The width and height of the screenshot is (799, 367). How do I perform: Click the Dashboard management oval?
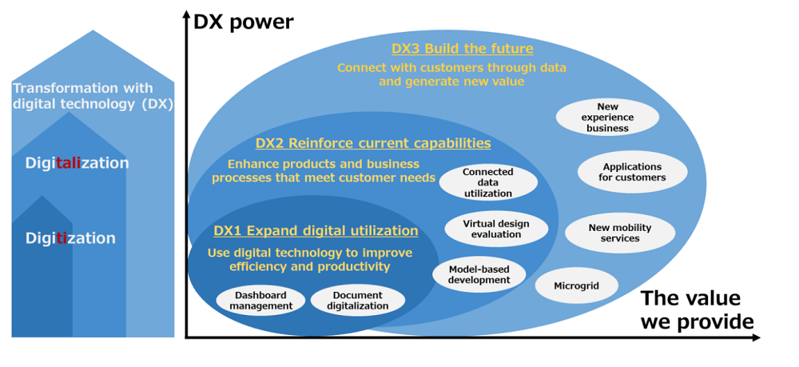pyautogui.click(x=260, y=300)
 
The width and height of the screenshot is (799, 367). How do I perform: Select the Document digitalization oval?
pyautogui.click(x=358, y=300)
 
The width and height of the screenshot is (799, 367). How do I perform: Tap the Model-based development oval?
pyautogui.click(x=479, y=274)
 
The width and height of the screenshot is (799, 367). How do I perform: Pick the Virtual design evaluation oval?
pyautogui.click(x=496, y=229)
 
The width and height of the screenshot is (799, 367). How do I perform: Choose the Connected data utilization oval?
pyautogui.click(x=487, y=182)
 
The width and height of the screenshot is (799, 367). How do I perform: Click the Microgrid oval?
pyautogui.click(x=576, y=285)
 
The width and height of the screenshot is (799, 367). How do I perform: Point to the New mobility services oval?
pyautogui.click(x=620, y=233)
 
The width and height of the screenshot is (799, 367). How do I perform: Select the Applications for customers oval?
pyautogui.click(x=632, y=172)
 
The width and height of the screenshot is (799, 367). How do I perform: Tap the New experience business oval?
pyautogui.click(x=607, y=118)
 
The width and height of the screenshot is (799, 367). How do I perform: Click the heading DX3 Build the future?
pyautogui.click(x=462, y=49)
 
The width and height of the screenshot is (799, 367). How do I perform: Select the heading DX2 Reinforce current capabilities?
pyautogui.click(x=373, y=143)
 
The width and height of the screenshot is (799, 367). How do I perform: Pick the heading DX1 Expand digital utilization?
pyautogui.click(x=316, y=231)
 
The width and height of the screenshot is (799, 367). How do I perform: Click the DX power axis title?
pyautogui.click(x=244, y=22)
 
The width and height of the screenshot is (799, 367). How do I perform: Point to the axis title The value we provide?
pyautogui.click(x=697, y=310)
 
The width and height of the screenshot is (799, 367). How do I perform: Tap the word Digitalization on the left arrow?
pyautogui.click(x=77, y=163)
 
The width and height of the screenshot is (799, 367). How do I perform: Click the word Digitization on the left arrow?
pyautogui.click(x=70, y=238)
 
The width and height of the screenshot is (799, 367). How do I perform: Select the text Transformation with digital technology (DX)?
pyautogui.click(x=93, y=96)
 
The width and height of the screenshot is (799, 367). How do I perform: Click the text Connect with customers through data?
pyautogui.click(x=451, y=68)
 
